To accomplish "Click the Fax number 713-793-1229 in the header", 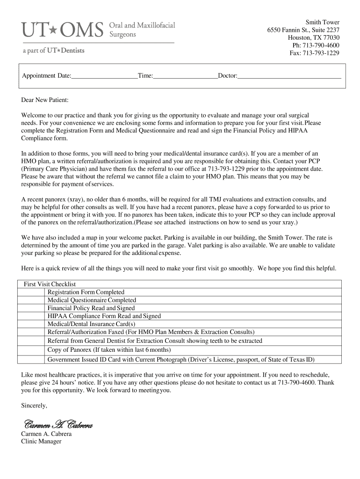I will [314, 53].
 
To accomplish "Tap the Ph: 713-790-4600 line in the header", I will [316, 45].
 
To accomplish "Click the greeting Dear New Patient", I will [45, 100].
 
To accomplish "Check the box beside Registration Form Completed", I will [32, 292].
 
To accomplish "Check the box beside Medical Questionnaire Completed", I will [32, 300].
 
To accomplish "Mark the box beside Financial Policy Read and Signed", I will [32, 308].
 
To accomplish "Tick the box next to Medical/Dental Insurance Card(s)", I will [32, 324].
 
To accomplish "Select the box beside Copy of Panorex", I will [32, 349].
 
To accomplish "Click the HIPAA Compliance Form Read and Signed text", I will [104, 316].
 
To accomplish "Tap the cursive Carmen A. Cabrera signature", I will [58, 425].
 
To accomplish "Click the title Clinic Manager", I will [41, 441].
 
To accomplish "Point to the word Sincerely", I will [34, 406].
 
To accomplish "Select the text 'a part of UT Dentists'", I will [53, 51].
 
